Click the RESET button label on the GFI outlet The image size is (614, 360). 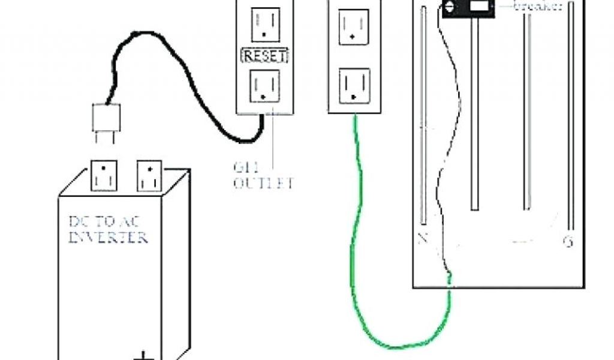coord(264,56)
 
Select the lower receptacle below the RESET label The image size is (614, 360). coord(264,86)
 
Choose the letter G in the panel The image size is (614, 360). coord(567,242)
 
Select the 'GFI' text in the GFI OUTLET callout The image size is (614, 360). coord(243,167)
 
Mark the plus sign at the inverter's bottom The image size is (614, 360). coord(144,355)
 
